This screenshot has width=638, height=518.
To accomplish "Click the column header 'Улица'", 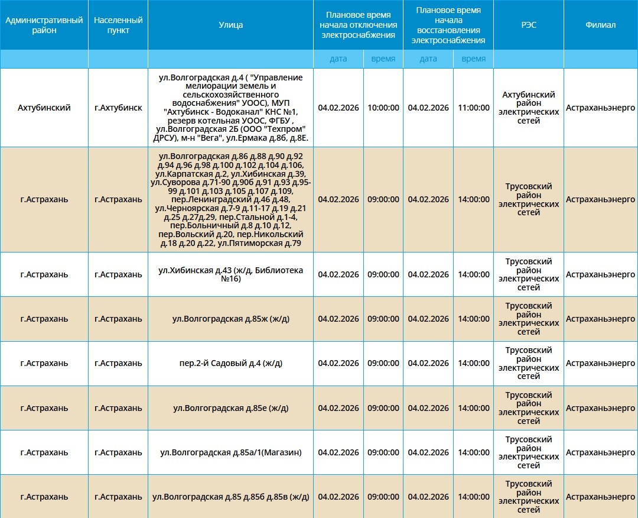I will click(x=230, y=25).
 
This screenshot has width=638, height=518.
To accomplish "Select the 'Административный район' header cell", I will click(x=44, y=25).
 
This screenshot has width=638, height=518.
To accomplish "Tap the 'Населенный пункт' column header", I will click(x=118, y=25).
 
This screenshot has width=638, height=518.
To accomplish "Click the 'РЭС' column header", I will click(x=529, y=25).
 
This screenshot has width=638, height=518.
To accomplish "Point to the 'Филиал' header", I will click(x=601, y=25).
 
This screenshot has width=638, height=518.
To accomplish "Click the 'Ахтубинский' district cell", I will click(x=44, y=108).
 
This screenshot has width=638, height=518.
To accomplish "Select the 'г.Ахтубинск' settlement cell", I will click(x=118, y=108).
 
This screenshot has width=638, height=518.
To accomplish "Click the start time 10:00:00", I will click(x=383, y=108).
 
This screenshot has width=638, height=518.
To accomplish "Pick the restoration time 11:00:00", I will click(x=474, y=108).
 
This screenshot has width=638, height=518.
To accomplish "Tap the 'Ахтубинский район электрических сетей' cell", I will click(x=529, y=108).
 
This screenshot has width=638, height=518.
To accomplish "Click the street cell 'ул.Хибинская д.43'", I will click(x=230, y=274).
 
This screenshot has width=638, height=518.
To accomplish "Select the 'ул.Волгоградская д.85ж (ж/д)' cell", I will click(x=230, y=319).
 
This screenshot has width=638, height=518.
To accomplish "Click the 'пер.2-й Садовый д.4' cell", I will click(x=230, y=363).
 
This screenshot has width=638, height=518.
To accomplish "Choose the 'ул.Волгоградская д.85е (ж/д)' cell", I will click(x=230, y=408).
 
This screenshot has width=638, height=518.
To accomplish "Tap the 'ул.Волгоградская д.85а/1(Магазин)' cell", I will click(x=230, y=452).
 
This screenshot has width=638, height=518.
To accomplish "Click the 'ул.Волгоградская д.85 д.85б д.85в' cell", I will click(x=230, y=497).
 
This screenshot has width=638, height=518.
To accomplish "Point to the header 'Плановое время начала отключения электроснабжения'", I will click(x=358, y=25).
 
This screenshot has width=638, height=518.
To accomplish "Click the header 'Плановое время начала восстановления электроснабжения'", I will click(x=448, y=25).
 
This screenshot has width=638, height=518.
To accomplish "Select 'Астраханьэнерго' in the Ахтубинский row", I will click(x=601, y=108).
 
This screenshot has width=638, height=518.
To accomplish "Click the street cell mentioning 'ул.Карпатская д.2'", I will click(x=230, y=199).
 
